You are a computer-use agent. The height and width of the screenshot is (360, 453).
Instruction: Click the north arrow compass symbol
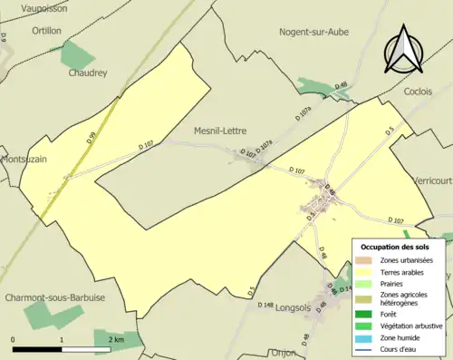coord(403,49)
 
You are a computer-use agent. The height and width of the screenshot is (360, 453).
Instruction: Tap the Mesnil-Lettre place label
coord(223,131)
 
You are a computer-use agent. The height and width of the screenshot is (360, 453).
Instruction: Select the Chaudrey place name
coord(89,73)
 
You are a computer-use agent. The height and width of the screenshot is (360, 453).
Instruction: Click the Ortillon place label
coord(46,30)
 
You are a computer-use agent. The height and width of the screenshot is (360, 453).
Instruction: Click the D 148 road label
coord(265,305)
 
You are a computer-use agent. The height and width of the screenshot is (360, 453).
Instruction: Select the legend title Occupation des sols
coord(395,247)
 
